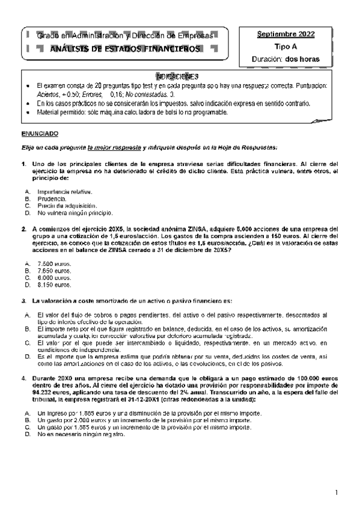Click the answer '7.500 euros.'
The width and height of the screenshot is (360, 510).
pos(54,264)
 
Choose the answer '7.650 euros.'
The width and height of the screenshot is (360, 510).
pos(54,271)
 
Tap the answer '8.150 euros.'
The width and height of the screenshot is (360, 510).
pos(54,285)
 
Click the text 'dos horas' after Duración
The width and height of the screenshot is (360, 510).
pos(302,59)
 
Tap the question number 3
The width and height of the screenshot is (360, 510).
pos(23,300)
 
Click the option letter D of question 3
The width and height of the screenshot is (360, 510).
pos(27,356)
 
